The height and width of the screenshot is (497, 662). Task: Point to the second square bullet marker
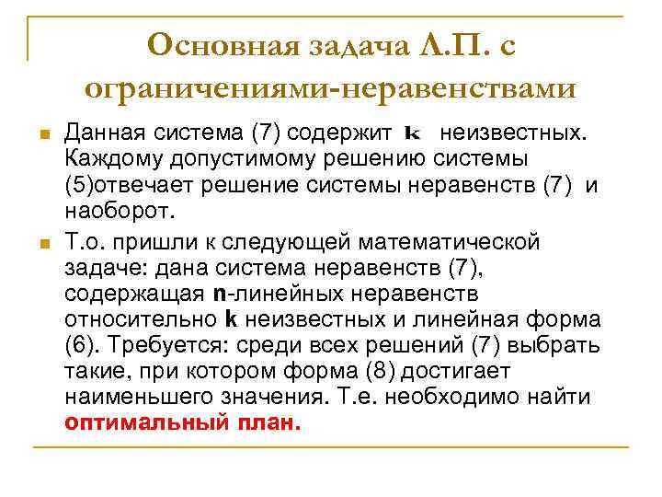pyautogui.click(x=42, y=244)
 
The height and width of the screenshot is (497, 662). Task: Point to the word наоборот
pyautogui.click(x=119, y=212)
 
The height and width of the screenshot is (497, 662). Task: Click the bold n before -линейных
pyautogui.click(x=219, y=295)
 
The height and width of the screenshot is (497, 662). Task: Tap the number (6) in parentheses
pyautogui.click(x=80, y=346)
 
